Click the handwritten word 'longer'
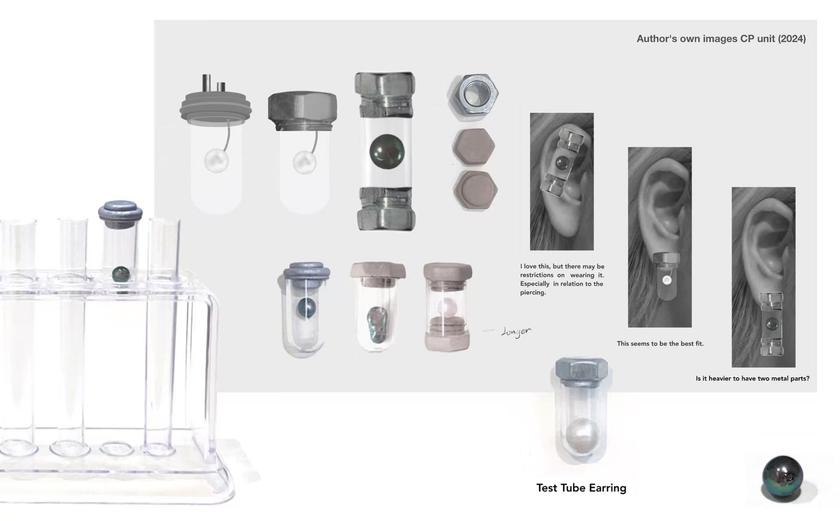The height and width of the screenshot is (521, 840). pyautogui.click(x=516, y=332)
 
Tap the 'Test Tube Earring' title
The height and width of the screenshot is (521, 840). pyautogui.click(x=581, y=488)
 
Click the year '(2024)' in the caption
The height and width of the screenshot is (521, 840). pyautogui.click(x=792, y=39)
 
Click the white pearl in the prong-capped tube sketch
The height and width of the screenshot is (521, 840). pyautogui.click(x=216, y=161)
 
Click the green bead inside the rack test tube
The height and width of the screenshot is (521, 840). pyautogui.click(x=121, y=274)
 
